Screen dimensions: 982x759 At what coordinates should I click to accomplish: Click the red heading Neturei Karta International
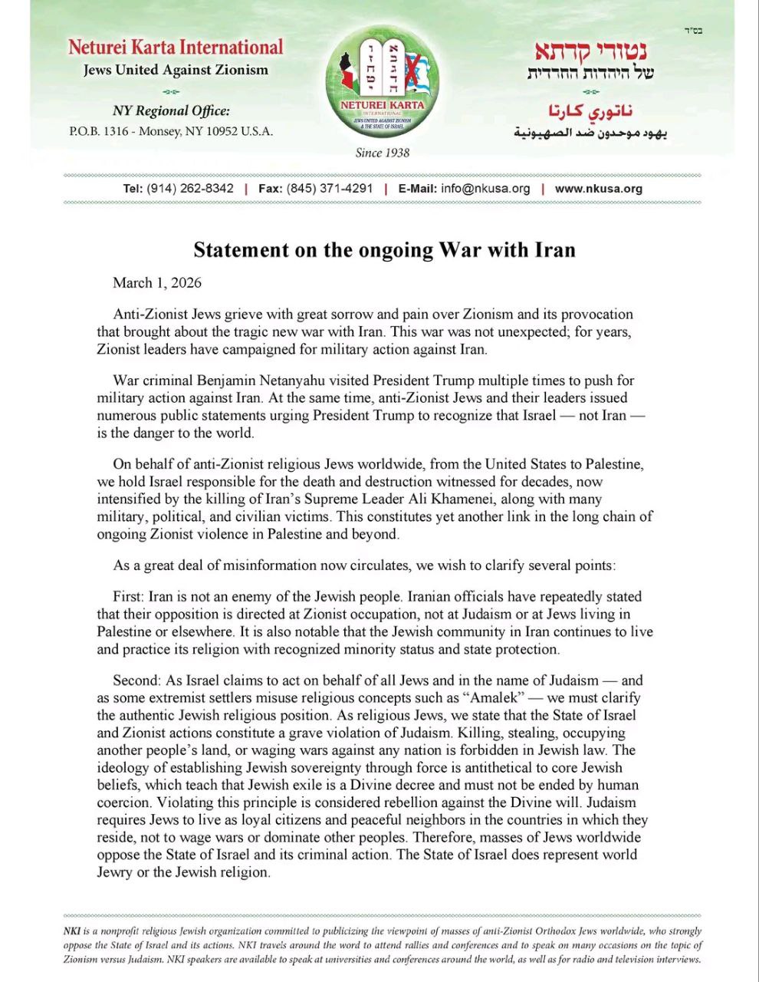tap(176, 48)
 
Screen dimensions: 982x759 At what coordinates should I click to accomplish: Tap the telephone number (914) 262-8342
tap(190, 189)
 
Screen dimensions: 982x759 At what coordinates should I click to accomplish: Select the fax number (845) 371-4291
tap(330, 189)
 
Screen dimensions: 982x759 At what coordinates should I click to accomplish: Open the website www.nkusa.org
tap(598, 189)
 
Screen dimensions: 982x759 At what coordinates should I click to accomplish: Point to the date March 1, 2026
tap(157, 283)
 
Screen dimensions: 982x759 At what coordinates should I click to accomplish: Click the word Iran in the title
tap(549, 250)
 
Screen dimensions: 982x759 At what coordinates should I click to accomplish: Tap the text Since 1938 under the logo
tap(382, 153)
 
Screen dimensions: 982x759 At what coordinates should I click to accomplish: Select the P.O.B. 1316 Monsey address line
tap(171, 131)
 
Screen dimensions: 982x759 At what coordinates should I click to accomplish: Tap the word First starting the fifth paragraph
tap(129, 597)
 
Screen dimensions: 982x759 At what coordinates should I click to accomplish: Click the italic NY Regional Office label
tap(171, 111)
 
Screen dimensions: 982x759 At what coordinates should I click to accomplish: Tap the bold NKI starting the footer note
tap(71, 931)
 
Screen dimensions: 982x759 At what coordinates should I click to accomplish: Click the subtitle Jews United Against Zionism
tap(176, 71)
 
